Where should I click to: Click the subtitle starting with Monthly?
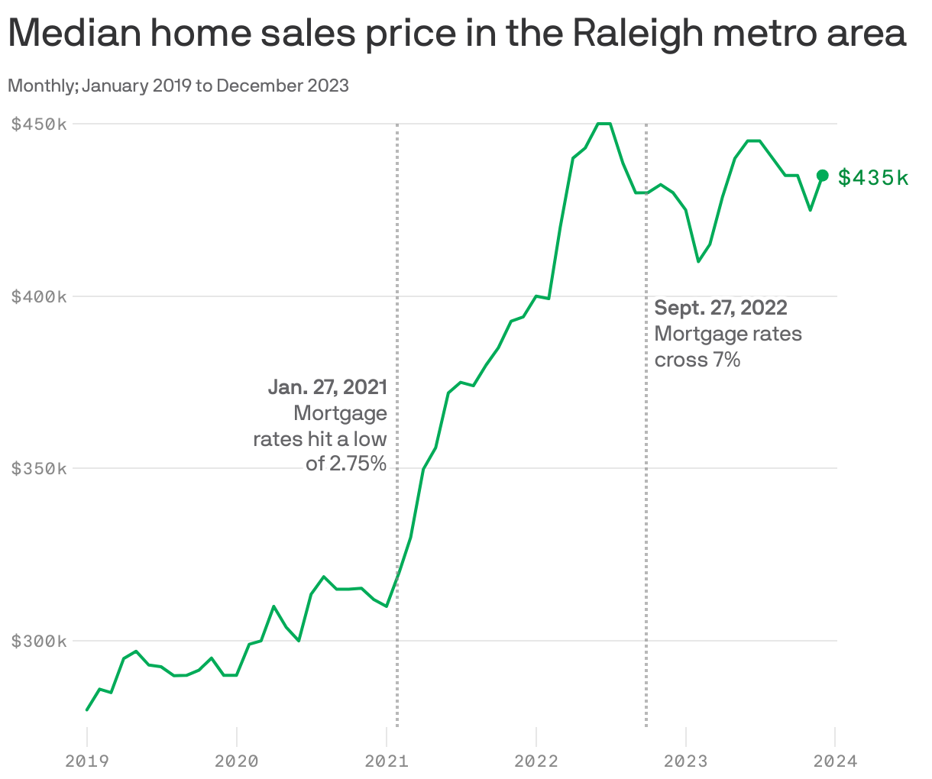(178, 86)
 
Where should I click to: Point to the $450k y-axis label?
(39, 124)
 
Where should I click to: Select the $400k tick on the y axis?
(39, 296)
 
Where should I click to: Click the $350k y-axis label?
(39, 468)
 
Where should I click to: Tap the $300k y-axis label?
(39, 641)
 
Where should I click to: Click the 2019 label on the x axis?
(87, 761)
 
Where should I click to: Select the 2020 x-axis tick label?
(237, 761)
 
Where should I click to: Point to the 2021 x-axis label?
(387, 761)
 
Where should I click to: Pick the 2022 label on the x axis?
(536, 761)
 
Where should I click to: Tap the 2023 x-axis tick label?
(686, 761)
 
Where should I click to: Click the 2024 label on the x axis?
(835, 761)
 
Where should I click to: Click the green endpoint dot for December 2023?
(823, 176)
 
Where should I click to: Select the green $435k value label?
(873, 178)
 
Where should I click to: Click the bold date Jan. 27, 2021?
(327, 387)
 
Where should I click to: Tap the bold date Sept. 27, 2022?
(720, 308)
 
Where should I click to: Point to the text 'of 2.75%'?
(346, 464)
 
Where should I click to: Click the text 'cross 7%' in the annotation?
(697, 360)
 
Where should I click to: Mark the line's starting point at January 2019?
(87, 710)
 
